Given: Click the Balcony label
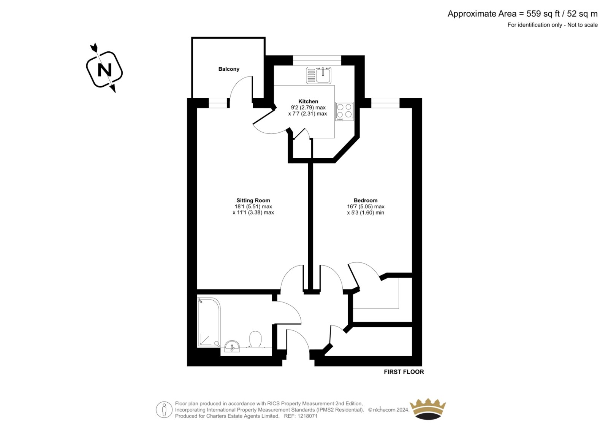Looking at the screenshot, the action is click(x=228, y=69).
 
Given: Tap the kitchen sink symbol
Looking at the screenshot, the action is click(x=319, y=75).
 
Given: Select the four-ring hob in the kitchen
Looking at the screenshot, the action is click(x=344, y=111).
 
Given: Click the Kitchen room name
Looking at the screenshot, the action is click(x=308, y=101).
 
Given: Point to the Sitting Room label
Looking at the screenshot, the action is click(x=253, y=200).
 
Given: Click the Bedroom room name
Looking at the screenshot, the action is click(x=365, y=200).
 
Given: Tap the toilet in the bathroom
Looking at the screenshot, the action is click(x=255, y=339).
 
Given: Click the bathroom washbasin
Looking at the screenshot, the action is click(x=232, y=346).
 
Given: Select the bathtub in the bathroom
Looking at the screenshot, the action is click(x=209, y=322).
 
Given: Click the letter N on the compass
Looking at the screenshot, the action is click(x=104, y=70).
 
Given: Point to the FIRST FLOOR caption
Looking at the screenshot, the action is click(x=404, y=372).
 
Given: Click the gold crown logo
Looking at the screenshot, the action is click(x=428, y=409).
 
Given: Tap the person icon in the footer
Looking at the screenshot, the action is click(x=164, y=409).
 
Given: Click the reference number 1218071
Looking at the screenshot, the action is click(x=307, y=416).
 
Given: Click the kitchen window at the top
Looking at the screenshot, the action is click(x=317, y=60).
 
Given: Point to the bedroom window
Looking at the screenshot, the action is click(x=385, y=103).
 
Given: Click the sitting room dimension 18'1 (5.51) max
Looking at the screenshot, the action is click(x=253, y=206).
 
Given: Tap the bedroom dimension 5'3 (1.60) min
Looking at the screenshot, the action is click(x=365, y=213).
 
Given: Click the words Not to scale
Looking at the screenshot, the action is click(x=583, y=25).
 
